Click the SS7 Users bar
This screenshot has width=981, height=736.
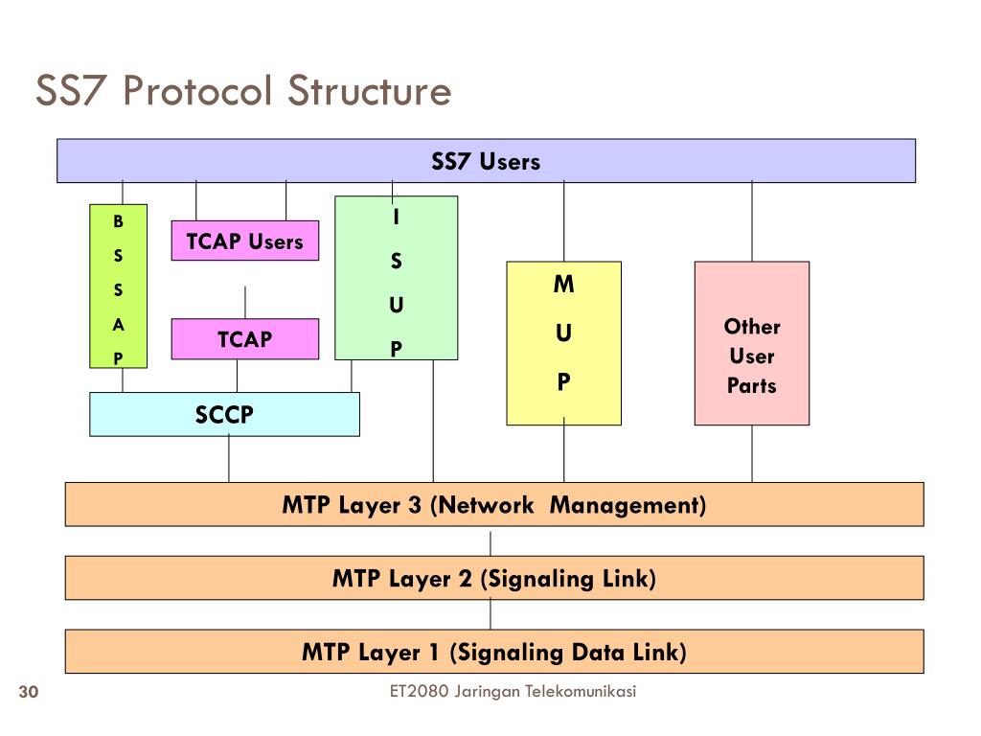tap(486, 161)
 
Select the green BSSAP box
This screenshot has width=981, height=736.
tap(118, 286)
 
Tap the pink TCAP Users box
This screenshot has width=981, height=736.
tap(244, 241)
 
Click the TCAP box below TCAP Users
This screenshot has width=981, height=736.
tap(244, 338)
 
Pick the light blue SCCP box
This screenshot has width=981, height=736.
tap(224, 414)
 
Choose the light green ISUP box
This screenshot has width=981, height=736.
tap(396, 278)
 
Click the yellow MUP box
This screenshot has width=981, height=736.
tap(563, 343)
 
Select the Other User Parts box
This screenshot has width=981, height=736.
tap(752, 343)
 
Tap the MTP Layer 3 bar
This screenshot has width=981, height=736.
tap(494, 504)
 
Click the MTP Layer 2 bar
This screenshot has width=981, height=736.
tap(494, 578)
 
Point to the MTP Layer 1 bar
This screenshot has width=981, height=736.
tap(494, 652)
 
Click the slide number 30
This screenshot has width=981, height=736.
tap(29, 692)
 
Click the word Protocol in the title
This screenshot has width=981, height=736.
tap(197, 90)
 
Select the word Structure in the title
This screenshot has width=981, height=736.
tap(369, 90)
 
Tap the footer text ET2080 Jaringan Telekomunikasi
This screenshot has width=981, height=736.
tap(513, 691)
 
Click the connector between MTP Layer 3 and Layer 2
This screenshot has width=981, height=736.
tap(490, 544)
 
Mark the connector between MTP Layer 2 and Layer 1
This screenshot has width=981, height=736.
tap(490, 614)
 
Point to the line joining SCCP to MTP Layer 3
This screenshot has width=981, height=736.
tap(229, 459)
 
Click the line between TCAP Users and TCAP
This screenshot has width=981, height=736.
tap(245, 302)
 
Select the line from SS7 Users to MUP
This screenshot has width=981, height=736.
tap(563, 221)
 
